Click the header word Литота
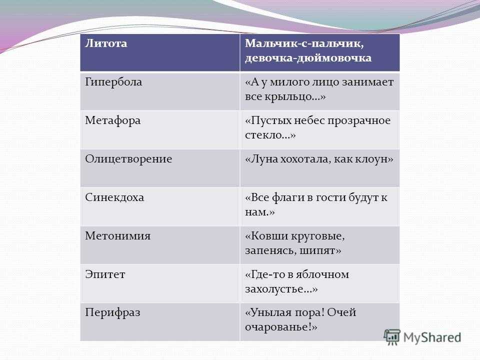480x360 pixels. click(x=106, y=43)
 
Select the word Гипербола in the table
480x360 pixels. click(x=113, y=82)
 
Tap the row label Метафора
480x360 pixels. click(x=113, y=120)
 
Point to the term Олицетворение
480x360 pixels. click(x=128, y=159)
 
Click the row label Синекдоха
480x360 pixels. click(x=114, y=197)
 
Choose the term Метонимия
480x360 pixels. click(x=118, y=235)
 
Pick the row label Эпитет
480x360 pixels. click(x=105, y=274)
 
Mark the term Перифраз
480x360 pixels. click(x=112, y=312)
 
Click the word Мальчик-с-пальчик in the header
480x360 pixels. click(x=304, y=43)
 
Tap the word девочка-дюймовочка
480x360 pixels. click(x=308, y=58)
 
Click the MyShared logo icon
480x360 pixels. click(x=392, y=337)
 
